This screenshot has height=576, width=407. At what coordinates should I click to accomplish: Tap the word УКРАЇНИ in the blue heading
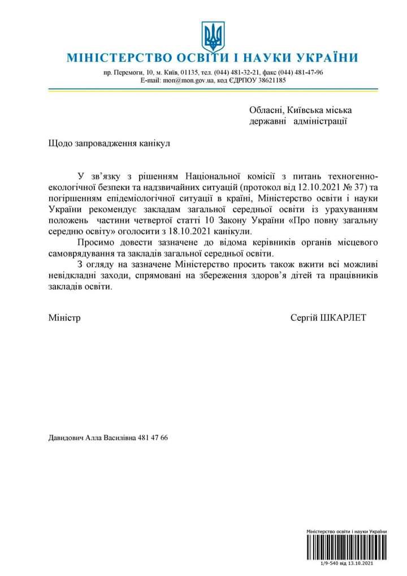[326, 58]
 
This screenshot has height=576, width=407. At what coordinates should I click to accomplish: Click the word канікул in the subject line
[154, 144]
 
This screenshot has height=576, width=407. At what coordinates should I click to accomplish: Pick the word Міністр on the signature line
[64, 317]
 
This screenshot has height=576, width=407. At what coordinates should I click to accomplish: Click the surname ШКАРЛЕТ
[343, 317]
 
